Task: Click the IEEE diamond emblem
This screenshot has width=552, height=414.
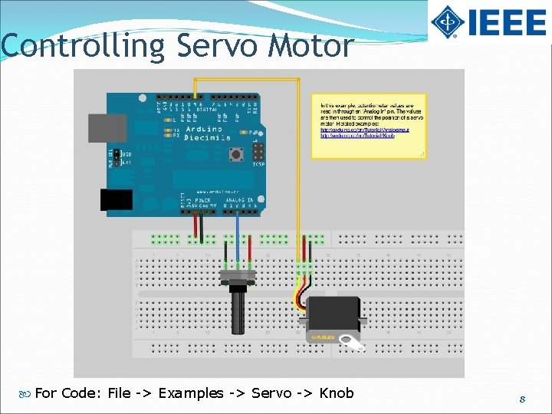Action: pos(446,21)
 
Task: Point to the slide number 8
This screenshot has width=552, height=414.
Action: pos(521,399)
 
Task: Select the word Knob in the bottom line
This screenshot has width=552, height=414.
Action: pos(337,393)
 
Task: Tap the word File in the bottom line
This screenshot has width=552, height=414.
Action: pos(120,393)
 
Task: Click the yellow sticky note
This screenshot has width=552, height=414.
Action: pos(369,126)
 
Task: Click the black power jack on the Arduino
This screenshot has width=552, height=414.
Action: pos(117,199)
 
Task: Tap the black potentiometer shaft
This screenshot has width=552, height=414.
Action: pos(237,310)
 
